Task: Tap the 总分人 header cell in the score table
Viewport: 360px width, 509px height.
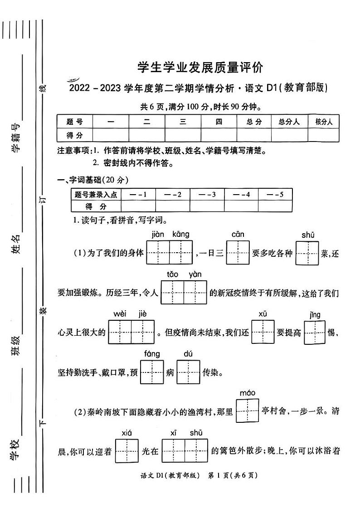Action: tap(289, 122)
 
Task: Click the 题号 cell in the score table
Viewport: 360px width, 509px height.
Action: tap(75, 122)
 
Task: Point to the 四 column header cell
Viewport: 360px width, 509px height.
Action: tap(219, 122)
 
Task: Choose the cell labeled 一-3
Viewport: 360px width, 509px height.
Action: tap(207, 195)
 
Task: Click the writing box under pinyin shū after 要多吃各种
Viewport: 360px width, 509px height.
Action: tap(307, 253)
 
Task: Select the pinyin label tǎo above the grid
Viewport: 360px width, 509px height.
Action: tap(173, 274)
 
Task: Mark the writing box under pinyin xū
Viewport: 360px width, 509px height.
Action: tap(263, 332)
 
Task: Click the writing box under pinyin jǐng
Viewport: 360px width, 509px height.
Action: tap(315, 332)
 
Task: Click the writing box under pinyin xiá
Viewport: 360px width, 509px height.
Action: tap(126, 450)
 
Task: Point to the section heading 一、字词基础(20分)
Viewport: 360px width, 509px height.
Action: tap(93, 180)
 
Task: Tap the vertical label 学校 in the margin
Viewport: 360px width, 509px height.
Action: tap(16, 449)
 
